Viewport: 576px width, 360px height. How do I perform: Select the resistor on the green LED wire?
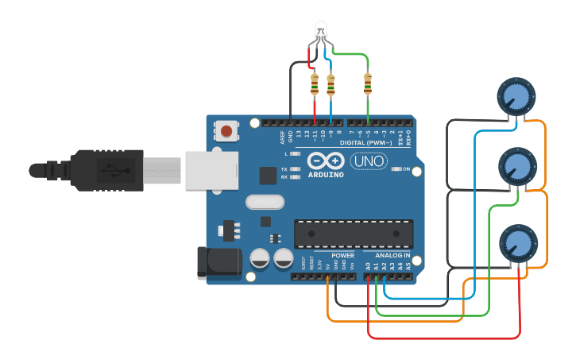pyautogui.click(x=367, y=81)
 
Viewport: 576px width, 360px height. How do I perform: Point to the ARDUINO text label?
pyautogui.click(x=327, y=174)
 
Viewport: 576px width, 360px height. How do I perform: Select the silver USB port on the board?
pyautogui.click(x=211, y=171)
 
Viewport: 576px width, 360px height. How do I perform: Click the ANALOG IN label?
pyautogui.click(x=388, y=255)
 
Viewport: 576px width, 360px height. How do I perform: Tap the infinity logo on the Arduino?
pyautogui.click(x=326, y=160)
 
